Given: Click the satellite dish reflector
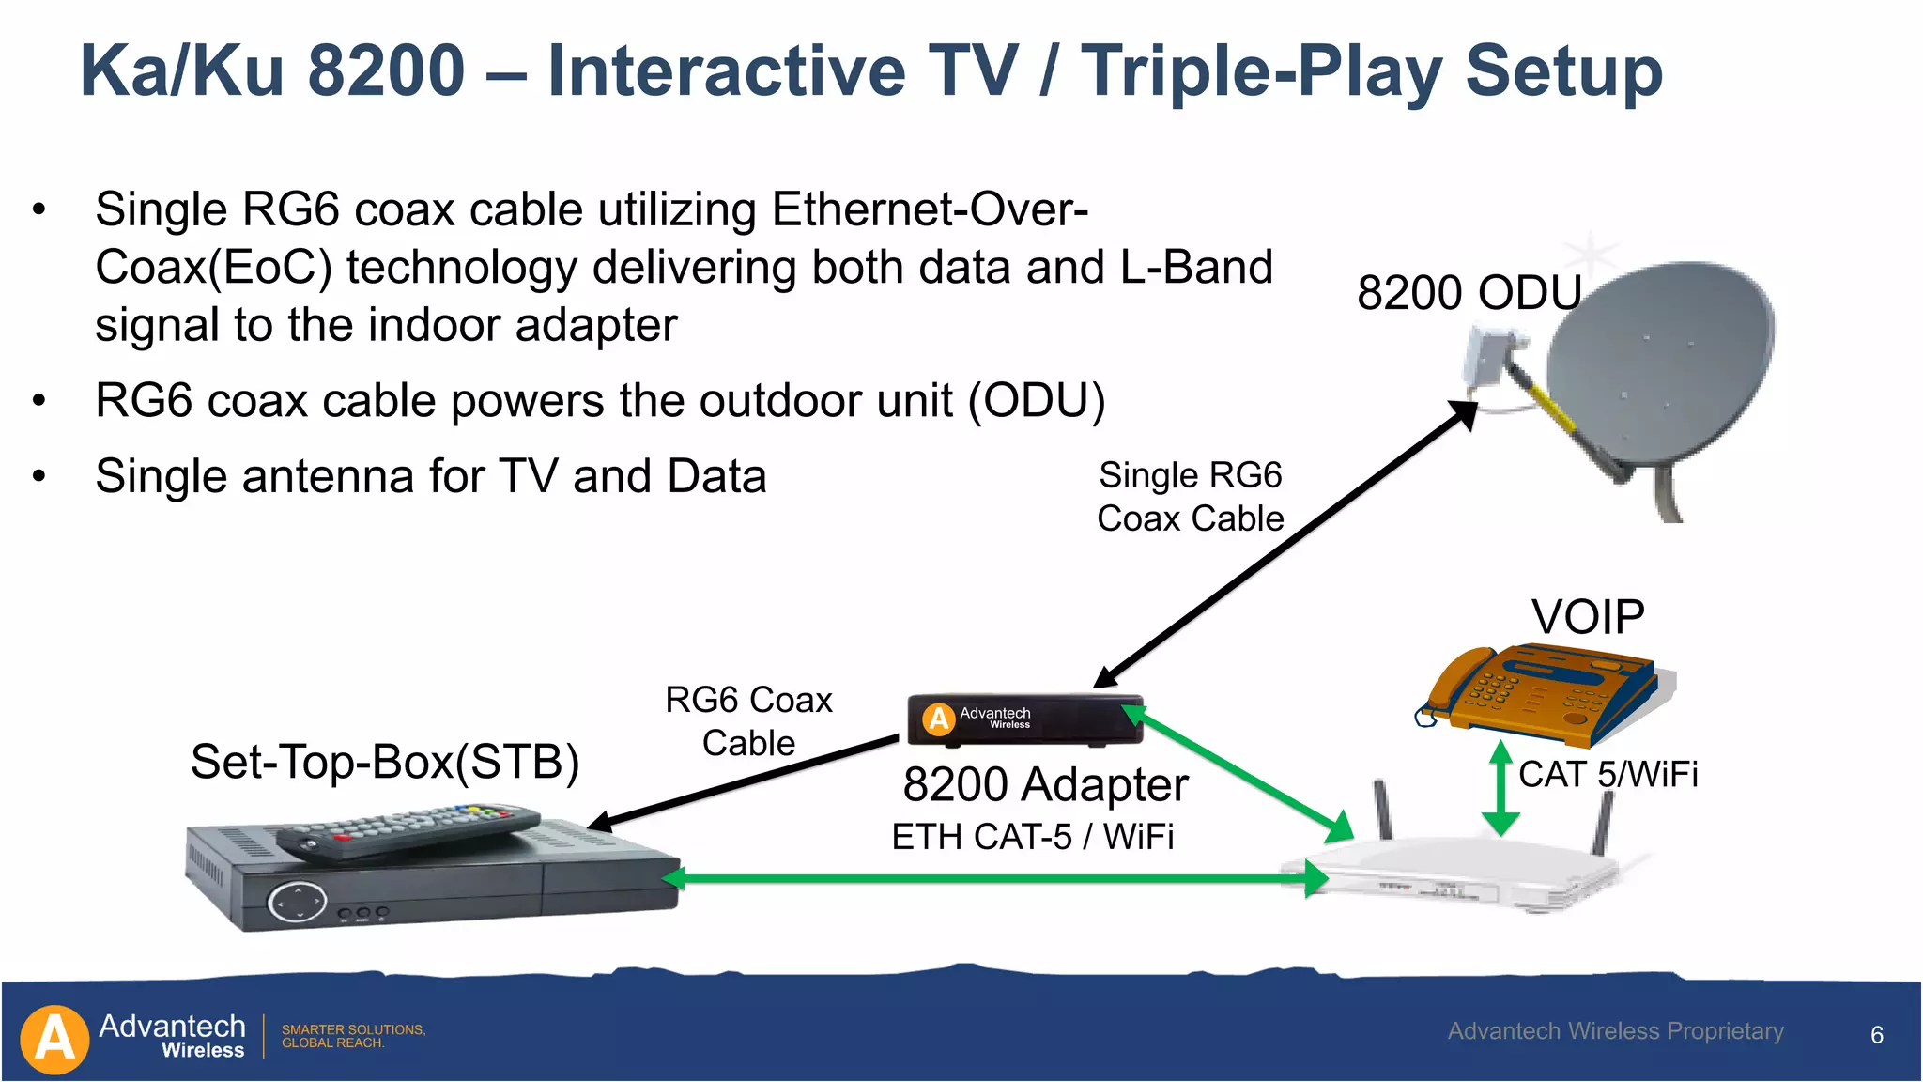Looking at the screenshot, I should [1662, 366].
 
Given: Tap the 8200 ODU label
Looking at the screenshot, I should [1469, 292].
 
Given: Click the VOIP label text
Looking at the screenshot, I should [1588, 618].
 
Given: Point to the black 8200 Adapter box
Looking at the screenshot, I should [1023, 720].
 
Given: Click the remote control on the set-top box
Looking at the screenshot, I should [408, 831].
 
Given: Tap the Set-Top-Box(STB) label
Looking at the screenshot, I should [385, 762].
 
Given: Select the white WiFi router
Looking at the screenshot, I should [1465, 873].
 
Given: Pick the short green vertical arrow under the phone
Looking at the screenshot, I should [1500, 789].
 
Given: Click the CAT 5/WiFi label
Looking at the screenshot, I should [1608, 775].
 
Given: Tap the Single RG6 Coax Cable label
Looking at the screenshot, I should [1190, 497].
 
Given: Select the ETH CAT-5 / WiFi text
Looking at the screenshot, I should [1033, 837].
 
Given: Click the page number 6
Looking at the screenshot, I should [1877, 1035].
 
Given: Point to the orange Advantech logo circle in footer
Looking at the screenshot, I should [54, 1040].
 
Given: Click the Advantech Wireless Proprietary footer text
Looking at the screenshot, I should [1615, 1031].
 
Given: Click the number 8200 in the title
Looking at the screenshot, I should [386, 71].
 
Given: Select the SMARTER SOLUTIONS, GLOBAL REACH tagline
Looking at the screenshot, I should [353, 1036].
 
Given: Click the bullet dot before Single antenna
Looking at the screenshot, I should [38, 476].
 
